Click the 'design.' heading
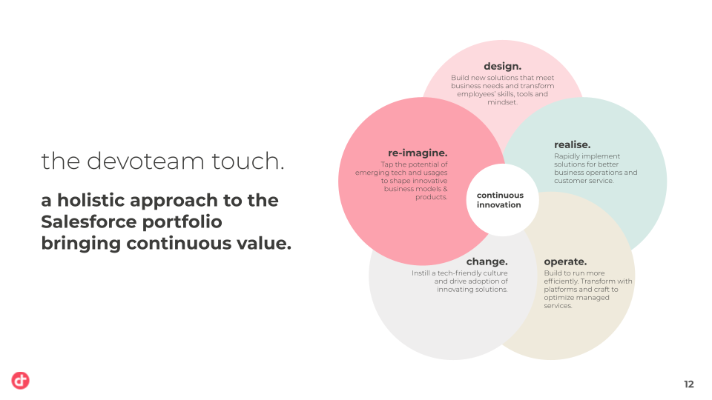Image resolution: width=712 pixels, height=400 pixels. [502, 67]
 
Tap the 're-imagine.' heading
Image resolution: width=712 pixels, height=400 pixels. [418, 153]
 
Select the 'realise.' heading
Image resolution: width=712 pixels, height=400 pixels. [572, 144]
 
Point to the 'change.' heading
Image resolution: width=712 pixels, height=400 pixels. [487, 261]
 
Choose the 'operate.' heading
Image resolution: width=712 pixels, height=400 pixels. [565, 262]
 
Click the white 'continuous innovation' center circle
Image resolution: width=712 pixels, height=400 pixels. [502, 200]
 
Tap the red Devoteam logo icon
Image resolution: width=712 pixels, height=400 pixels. [21, 381]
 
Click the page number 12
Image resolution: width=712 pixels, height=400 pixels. [689, 384]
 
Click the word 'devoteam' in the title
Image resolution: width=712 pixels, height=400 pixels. [145, 161]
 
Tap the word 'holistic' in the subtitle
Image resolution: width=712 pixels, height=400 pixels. [92, 201]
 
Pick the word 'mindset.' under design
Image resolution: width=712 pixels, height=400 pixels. [502, 102]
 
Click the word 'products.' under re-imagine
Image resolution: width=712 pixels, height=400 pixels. [432, 197]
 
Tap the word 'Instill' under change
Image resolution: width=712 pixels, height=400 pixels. [421, 273]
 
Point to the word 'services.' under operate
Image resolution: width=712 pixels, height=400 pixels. [558, 306]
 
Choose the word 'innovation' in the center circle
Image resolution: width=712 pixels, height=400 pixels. [498, 205]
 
